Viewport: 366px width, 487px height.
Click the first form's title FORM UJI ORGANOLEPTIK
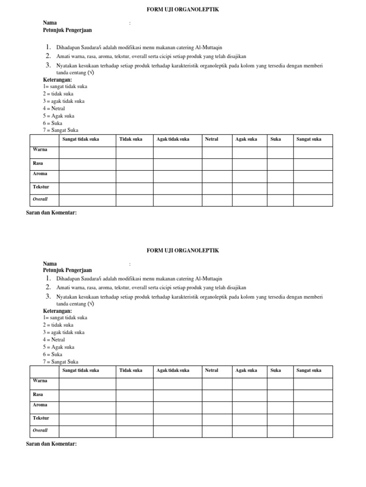click(x=183, y=10)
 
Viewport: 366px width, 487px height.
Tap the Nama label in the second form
click(x=50, y=263)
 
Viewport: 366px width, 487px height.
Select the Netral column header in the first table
click(x=212, y=139)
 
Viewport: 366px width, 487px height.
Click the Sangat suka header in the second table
click(x=309, y=370)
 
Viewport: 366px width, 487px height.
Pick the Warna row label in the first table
click(x=40, y=150)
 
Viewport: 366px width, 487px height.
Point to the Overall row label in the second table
click(x=40, y=430)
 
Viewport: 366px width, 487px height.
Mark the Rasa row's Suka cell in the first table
click(x=280, y=165)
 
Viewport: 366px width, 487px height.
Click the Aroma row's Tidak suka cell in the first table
click(x=134, y=176)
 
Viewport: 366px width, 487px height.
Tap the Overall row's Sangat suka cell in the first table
click(x=313, y=200)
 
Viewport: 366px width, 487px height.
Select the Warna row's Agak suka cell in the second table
click(x=249, y=383)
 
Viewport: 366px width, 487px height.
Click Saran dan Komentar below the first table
click(x=51, y=213)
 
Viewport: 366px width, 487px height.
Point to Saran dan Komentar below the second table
click(x=51, y=444)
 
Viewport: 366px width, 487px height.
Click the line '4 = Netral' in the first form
click(x=54, y=108)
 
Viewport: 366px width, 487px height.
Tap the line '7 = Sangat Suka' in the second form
click(x=61, y=362)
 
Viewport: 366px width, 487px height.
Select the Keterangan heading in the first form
click(x=57, y=80)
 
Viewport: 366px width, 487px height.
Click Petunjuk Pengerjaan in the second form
click(x=67, y=270)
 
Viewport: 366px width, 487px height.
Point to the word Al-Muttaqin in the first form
click(x=209, y=48)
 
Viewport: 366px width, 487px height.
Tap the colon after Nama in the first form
click(x=130, y=23)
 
